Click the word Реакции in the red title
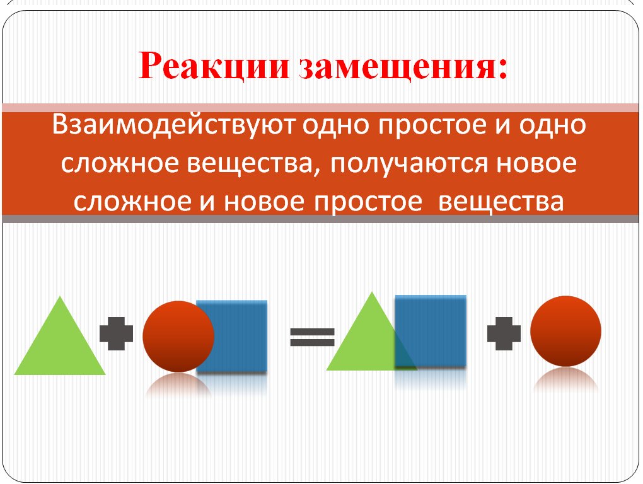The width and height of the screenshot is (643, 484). [x=214, y=66]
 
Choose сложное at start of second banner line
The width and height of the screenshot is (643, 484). [x=120, y=163]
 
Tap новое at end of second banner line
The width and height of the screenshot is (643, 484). [x=536, y=163]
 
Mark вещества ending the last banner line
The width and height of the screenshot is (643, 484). [x=501, y=202]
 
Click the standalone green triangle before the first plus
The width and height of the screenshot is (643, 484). [x=60, y=335]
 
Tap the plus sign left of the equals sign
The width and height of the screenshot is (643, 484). [x=117, y=333]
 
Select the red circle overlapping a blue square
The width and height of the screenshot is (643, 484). [x=178, y=337]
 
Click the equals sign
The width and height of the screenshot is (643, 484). [x=313, y=337]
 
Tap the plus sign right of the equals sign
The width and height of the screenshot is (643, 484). [x=504, y=333]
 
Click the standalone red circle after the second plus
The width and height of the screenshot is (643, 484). [x=566, y=331]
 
